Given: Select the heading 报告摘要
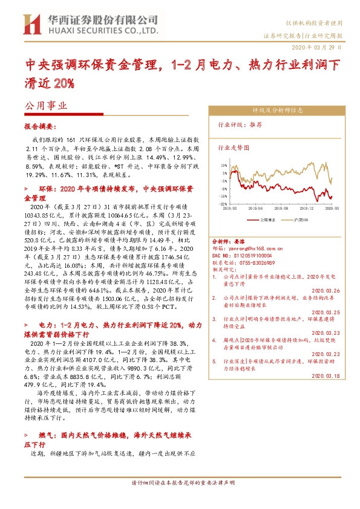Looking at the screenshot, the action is click(x=39, y=128).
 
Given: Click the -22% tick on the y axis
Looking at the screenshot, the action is click(x=224, y=204).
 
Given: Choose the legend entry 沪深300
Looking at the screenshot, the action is click(x=302, y=221).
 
